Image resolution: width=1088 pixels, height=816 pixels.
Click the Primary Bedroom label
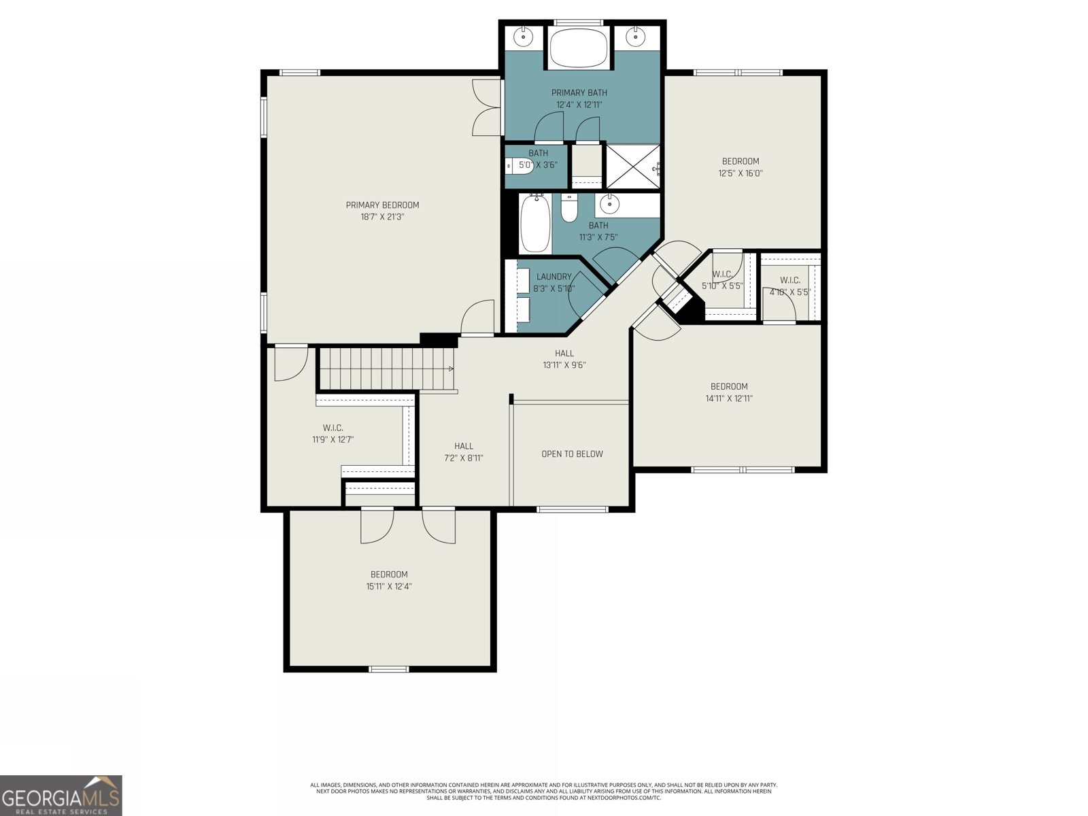pyautogui.click(x=382, y=205)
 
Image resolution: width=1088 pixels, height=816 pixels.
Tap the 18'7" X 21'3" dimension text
pyautogui.click(x=382, y=217)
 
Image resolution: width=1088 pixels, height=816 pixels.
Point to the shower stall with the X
pyautogui.click(x=632, y=167)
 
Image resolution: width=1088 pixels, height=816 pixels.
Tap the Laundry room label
pyautogui.click(x=554, y=277)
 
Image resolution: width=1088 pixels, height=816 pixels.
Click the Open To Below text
pyautogui.click(x=572, y=454)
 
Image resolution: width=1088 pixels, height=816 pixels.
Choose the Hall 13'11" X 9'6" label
pyautogui.click(x=564, y=359)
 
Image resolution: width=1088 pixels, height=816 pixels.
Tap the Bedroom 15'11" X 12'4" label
pyautogui.click(x=389, y=580)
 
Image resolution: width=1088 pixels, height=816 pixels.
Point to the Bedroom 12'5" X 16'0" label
pyautogui.click(x=741, y=167)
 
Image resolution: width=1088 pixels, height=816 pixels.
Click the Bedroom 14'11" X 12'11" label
pyautogui.click(x=729, y=392)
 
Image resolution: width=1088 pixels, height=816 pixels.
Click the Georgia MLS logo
pyautogui.click(x=61, y=795)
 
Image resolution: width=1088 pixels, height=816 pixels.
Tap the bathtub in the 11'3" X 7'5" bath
pyautogui.click(x=535, y=224)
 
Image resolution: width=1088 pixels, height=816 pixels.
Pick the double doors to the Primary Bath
pyautogui.click(x=487, y=107)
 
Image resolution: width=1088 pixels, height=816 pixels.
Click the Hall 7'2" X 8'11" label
pyautogui.click(x=463, y=452)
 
